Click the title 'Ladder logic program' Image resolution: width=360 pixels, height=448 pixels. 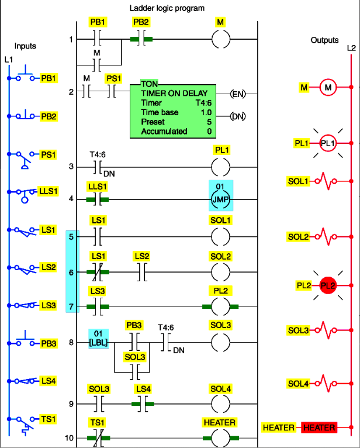(x=167, y=8)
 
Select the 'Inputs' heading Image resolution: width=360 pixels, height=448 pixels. (x=26, y=46)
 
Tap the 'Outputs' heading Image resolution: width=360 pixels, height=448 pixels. (x=324, y=40)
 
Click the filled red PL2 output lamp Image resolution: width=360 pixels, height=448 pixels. (x=328, y=287)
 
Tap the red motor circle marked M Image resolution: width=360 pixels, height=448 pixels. (x=328, y=88)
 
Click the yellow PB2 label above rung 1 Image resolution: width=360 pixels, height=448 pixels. (x=140, y=22)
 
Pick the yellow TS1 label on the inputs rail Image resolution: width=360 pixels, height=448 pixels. (x=48, y=420)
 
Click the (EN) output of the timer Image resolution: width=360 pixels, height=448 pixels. (x=237, y=94)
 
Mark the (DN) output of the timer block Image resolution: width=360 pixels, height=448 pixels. (x=237, y=116)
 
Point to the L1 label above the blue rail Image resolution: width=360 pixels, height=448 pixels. (x=8, y=60)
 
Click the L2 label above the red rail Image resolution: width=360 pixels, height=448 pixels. (x=351, y=47)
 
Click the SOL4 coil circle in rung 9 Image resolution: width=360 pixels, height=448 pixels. (x=221, y=404)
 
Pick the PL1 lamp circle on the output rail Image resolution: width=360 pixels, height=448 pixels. (x=328, y=143)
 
